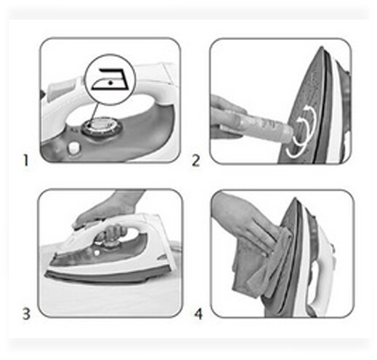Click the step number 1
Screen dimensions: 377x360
(x=25, y=160)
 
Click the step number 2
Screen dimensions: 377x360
(x=196, y=161)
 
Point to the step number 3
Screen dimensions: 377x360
(x=26, y=313)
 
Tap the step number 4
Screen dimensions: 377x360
(x=198, y=314)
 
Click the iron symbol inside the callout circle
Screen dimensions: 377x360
(x=110, y=79)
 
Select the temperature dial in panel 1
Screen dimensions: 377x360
(x=102, y=127)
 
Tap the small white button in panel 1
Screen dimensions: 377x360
(x=74, y=148)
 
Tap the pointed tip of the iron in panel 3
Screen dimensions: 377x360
(x=46, y=274)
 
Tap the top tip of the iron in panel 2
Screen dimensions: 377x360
(x=322, y=47)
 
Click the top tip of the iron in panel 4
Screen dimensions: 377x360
(x=295, y=199)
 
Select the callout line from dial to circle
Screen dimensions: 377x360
(x=95, y=112)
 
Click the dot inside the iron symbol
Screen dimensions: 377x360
(x=110, y=83)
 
